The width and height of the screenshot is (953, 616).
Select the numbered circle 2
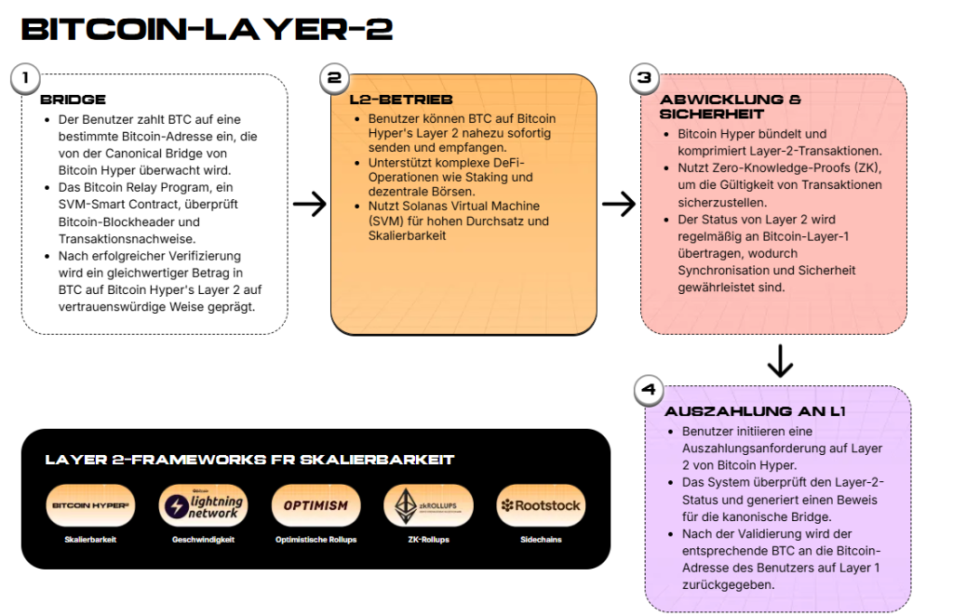tap(333, 79)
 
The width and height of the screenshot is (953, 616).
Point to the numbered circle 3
tap(643, 79)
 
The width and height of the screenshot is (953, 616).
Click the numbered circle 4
tap(648, 391)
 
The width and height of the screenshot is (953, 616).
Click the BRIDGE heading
tap(73, 100)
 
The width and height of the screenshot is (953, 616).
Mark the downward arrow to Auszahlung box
tap(780, 360)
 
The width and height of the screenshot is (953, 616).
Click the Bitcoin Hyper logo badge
tap(90, 506)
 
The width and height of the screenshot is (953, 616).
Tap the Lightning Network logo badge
tap(203, 506)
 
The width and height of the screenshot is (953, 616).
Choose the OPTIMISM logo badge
tap(315, 506)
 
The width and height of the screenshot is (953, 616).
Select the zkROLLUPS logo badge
tap(428, 506)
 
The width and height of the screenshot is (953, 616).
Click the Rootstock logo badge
tap(541, 506)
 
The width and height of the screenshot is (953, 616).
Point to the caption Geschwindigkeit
tap(203, 540)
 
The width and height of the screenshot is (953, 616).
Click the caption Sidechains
tap(541, 540)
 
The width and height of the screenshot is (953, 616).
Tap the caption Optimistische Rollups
tap(315, 540)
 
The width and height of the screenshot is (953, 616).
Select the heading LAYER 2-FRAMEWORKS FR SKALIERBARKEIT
tap(249, 460)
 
